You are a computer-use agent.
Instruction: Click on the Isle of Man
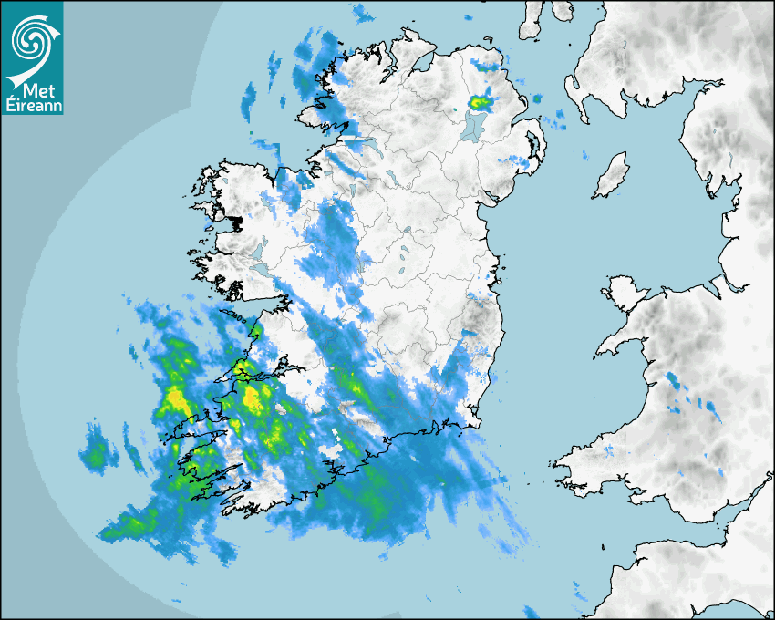coord(611,175)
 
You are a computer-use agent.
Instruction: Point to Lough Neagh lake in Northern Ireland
coord(473,125)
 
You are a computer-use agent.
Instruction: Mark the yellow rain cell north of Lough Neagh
coord(480,102)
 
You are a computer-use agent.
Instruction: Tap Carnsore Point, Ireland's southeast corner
coord(474,423)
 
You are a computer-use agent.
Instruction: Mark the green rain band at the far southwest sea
coord(128,525)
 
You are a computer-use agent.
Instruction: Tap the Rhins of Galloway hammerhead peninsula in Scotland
coord(573,91)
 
